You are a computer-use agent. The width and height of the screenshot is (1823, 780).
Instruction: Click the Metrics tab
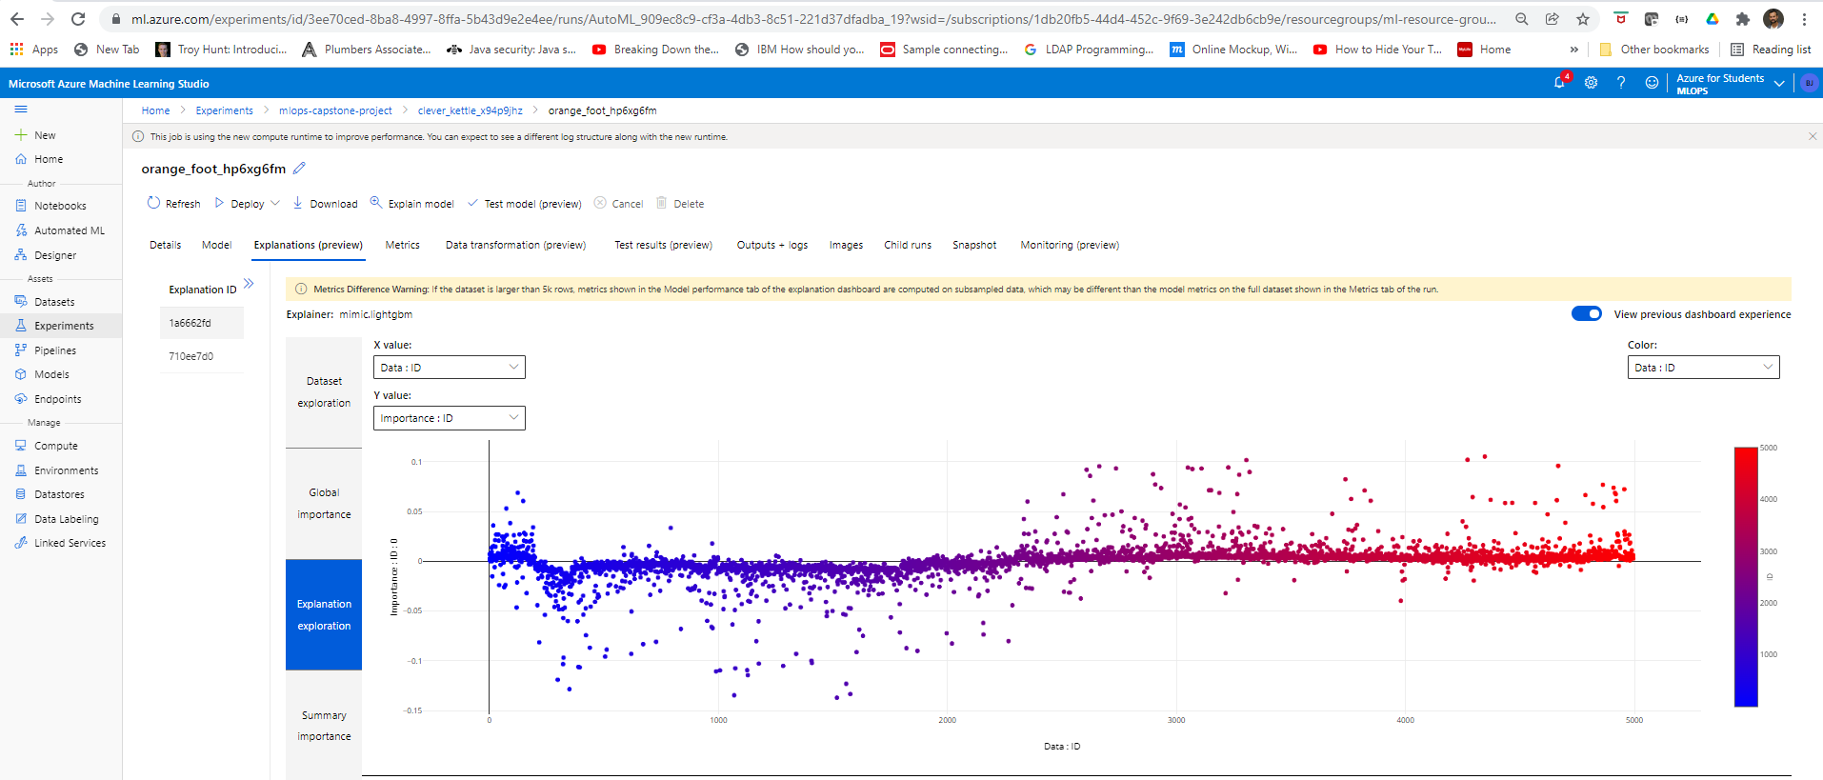(x=402, y=245)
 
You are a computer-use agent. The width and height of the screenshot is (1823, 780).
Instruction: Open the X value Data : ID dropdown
(x=449, y=368)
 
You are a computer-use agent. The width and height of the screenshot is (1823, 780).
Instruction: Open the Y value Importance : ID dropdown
(x=449, y=418)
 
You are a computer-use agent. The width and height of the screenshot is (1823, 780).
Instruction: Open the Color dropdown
(x=1702, y=368)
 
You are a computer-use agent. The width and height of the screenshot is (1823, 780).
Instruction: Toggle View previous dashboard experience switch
(x=1586, y=314)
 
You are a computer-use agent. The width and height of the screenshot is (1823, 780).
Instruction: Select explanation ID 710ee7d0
(x=191, y=356)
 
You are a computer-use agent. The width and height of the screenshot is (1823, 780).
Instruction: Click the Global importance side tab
(x=324, y=503)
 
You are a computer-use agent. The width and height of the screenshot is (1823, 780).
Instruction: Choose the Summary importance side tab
(x=324, y=726)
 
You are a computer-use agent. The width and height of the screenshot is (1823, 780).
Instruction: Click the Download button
(x=325, y=204)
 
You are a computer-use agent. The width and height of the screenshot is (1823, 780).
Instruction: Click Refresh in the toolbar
(x=173, y=204)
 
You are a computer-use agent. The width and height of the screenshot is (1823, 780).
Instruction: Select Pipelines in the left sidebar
(x=55, y=350)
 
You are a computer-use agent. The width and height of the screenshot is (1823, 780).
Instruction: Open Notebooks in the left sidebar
(x=60, y=206)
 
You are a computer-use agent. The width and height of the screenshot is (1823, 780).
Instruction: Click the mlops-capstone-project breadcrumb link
(x=335, y=110)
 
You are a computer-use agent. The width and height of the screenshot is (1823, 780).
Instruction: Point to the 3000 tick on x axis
(x=1176, y=720)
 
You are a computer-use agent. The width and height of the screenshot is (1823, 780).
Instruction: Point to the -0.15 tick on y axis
(x=413, y=710)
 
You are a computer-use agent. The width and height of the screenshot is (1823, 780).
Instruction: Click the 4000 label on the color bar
(x=1769, y=499)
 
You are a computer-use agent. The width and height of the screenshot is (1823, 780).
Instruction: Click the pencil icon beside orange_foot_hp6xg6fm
(x=299, y=169)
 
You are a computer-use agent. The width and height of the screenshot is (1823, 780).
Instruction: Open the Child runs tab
(x=907, y=245)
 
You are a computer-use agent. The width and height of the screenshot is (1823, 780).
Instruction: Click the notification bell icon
(x=1559, y=83)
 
